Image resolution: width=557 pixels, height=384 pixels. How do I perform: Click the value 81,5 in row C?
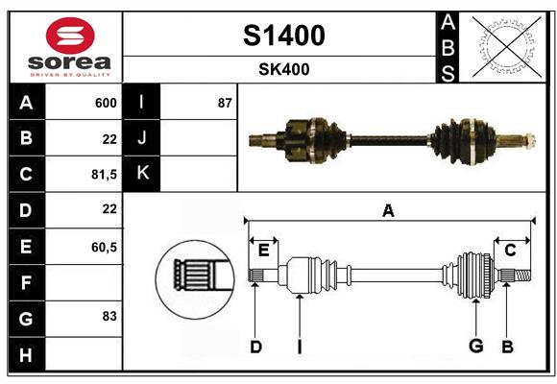[104, 174]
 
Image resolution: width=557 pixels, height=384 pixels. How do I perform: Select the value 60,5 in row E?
[104, 247]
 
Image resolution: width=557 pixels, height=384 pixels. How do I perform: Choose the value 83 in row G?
[109, 316]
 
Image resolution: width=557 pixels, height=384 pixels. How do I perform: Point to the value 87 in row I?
[225, 103]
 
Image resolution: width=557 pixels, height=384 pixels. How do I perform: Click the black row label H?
[26, 356]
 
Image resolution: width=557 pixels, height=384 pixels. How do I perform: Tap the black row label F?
[26, 283]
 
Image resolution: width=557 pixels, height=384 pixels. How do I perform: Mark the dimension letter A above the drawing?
[388, 211]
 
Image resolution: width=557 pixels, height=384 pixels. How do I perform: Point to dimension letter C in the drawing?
[511, 250]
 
